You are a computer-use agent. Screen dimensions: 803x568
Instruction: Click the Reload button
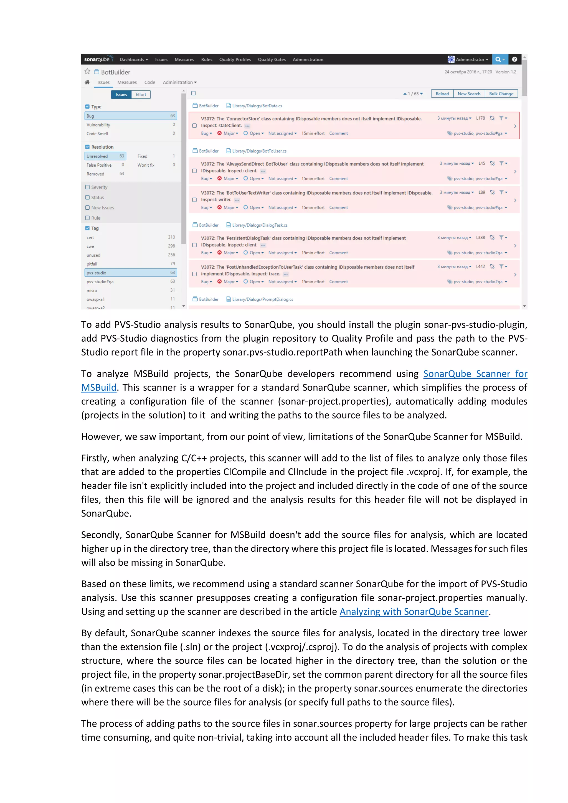[x=442, y=94]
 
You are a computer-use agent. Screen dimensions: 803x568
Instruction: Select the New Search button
[x=469, y=94]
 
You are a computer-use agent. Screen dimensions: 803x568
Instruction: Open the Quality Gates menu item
[x=272, y=59]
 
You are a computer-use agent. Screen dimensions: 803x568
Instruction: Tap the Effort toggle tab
[x=141, y=95]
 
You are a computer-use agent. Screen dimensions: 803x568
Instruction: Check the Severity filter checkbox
[x=87, y=187]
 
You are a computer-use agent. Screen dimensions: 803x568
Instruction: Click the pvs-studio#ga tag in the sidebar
[x=100, y=281]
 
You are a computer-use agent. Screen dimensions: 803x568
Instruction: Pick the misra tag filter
[x=92, y=291]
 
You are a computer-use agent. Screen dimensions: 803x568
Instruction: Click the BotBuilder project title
[x=115, y=72]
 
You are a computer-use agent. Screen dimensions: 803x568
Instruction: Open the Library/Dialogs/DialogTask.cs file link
[x=260, y=225]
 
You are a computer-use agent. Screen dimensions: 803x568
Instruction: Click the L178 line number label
[x=480, y=118]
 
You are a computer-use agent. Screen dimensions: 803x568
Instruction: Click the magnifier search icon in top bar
[x=498, y=59]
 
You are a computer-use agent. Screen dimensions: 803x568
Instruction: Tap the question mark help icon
[x=514, y=59]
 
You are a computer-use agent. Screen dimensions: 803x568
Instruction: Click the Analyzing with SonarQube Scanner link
[x=414, y=611]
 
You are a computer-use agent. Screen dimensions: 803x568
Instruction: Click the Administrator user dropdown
[x=469, y=59]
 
